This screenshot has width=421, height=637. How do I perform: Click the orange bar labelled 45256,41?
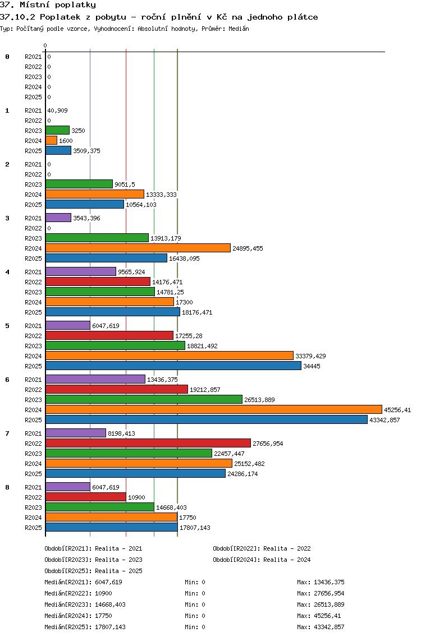coord(213,410)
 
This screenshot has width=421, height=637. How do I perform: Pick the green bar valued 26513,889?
coord(144,400)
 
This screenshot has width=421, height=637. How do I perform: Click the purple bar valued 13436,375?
coord(95,380)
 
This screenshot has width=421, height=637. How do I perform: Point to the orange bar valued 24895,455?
coord(138,248)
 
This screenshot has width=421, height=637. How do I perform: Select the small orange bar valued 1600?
coord(51,141)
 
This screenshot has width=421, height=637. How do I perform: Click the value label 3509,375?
coord(86,151)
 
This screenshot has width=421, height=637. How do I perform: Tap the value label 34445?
coord(312,366)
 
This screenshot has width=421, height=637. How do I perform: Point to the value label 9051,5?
coord(125,184)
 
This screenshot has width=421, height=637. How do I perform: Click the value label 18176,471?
coord(197,312)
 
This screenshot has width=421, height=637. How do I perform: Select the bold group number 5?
coord(7,326)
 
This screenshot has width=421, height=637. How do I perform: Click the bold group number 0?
coord(7,57)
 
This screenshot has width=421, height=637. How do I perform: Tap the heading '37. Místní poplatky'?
coord(48,5)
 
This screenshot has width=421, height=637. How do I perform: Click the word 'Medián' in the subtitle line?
coord(239,29)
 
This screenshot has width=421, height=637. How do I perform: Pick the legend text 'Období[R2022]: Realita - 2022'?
coord(262,549)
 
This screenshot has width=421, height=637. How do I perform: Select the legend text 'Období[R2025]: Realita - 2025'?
coord(93,571)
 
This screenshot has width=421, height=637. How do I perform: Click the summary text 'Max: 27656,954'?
coord(321,593)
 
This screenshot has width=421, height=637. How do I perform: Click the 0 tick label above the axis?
coord(45,46)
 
